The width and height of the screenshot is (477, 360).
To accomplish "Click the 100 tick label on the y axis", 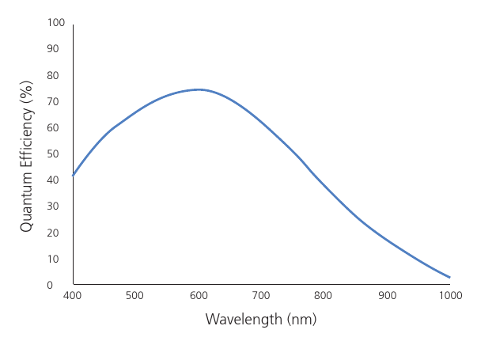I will pyautogui.click(x=55, y=23).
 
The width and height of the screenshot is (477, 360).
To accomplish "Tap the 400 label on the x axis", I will pyautogui.click(x=72, y=296).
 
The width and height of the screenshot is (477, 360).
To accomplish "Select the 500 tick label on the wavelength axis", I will pyautogui.click(x=135, y=296).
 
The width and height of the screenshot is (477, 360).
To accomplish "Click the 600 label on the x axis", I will pyautogui.click(x=198, y=296).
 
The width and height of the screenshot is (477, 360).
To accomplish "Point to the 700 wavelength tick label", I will pyautogui.click(x=261, y=296).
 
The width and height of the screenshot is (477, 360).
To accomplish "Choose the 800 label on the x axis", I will pyautogui.click(x=324, y=296).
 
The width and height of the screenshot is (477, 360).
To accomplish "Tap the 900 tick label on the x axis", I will pyautogui.click(x=387, y=296).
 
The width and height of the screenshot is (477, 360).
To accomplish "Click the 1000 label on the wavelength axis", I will pyautogui.click(x=449, y=296).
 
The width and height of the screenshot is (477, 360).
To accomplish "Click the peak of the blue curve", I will pyautogui.click(x=199, y=89).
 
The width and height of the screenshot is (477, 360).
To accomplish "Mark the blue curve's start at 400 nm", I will pyautogui.click(x=73, y=175).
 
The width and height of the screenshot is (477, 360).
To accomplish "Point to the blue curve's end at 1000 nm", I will pyautogui.click(x=449, y=277).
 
